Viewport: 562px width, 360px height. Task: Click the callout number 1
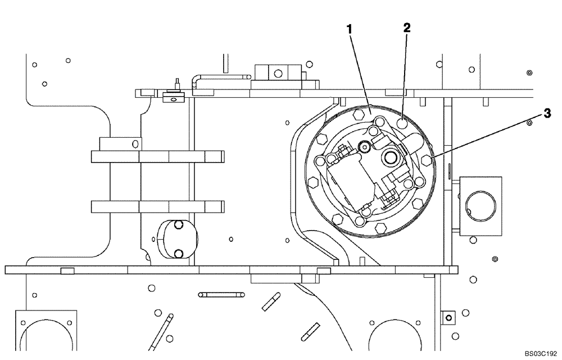tap(350, 30)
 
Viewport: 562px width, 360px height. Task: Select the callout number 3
tap(546, 113)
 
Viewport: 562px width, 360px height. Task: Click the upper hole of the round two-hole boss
tap(179, 226)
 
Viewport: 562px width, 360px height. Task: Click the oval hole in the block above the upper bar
tap(135, 144)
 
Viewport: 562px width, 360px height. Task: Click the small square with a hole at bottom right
tap(448, 317)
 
